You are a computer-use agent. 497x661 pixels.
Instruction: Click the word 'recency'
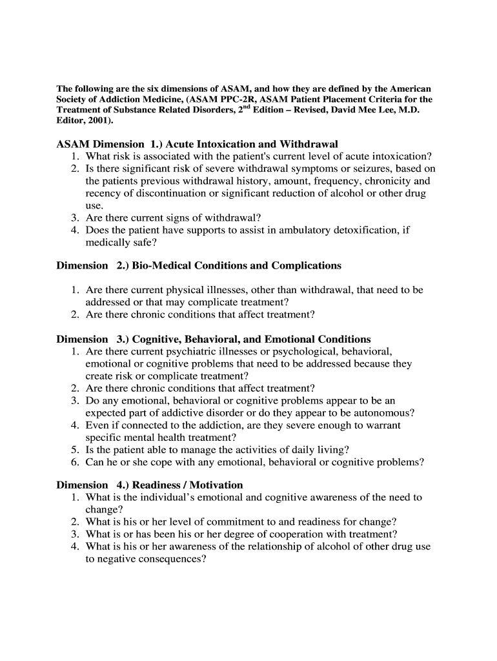click(x=103, y=194)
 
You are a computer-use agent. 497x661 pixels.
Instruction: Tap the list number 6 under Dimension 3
click(x=75, y=462)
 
